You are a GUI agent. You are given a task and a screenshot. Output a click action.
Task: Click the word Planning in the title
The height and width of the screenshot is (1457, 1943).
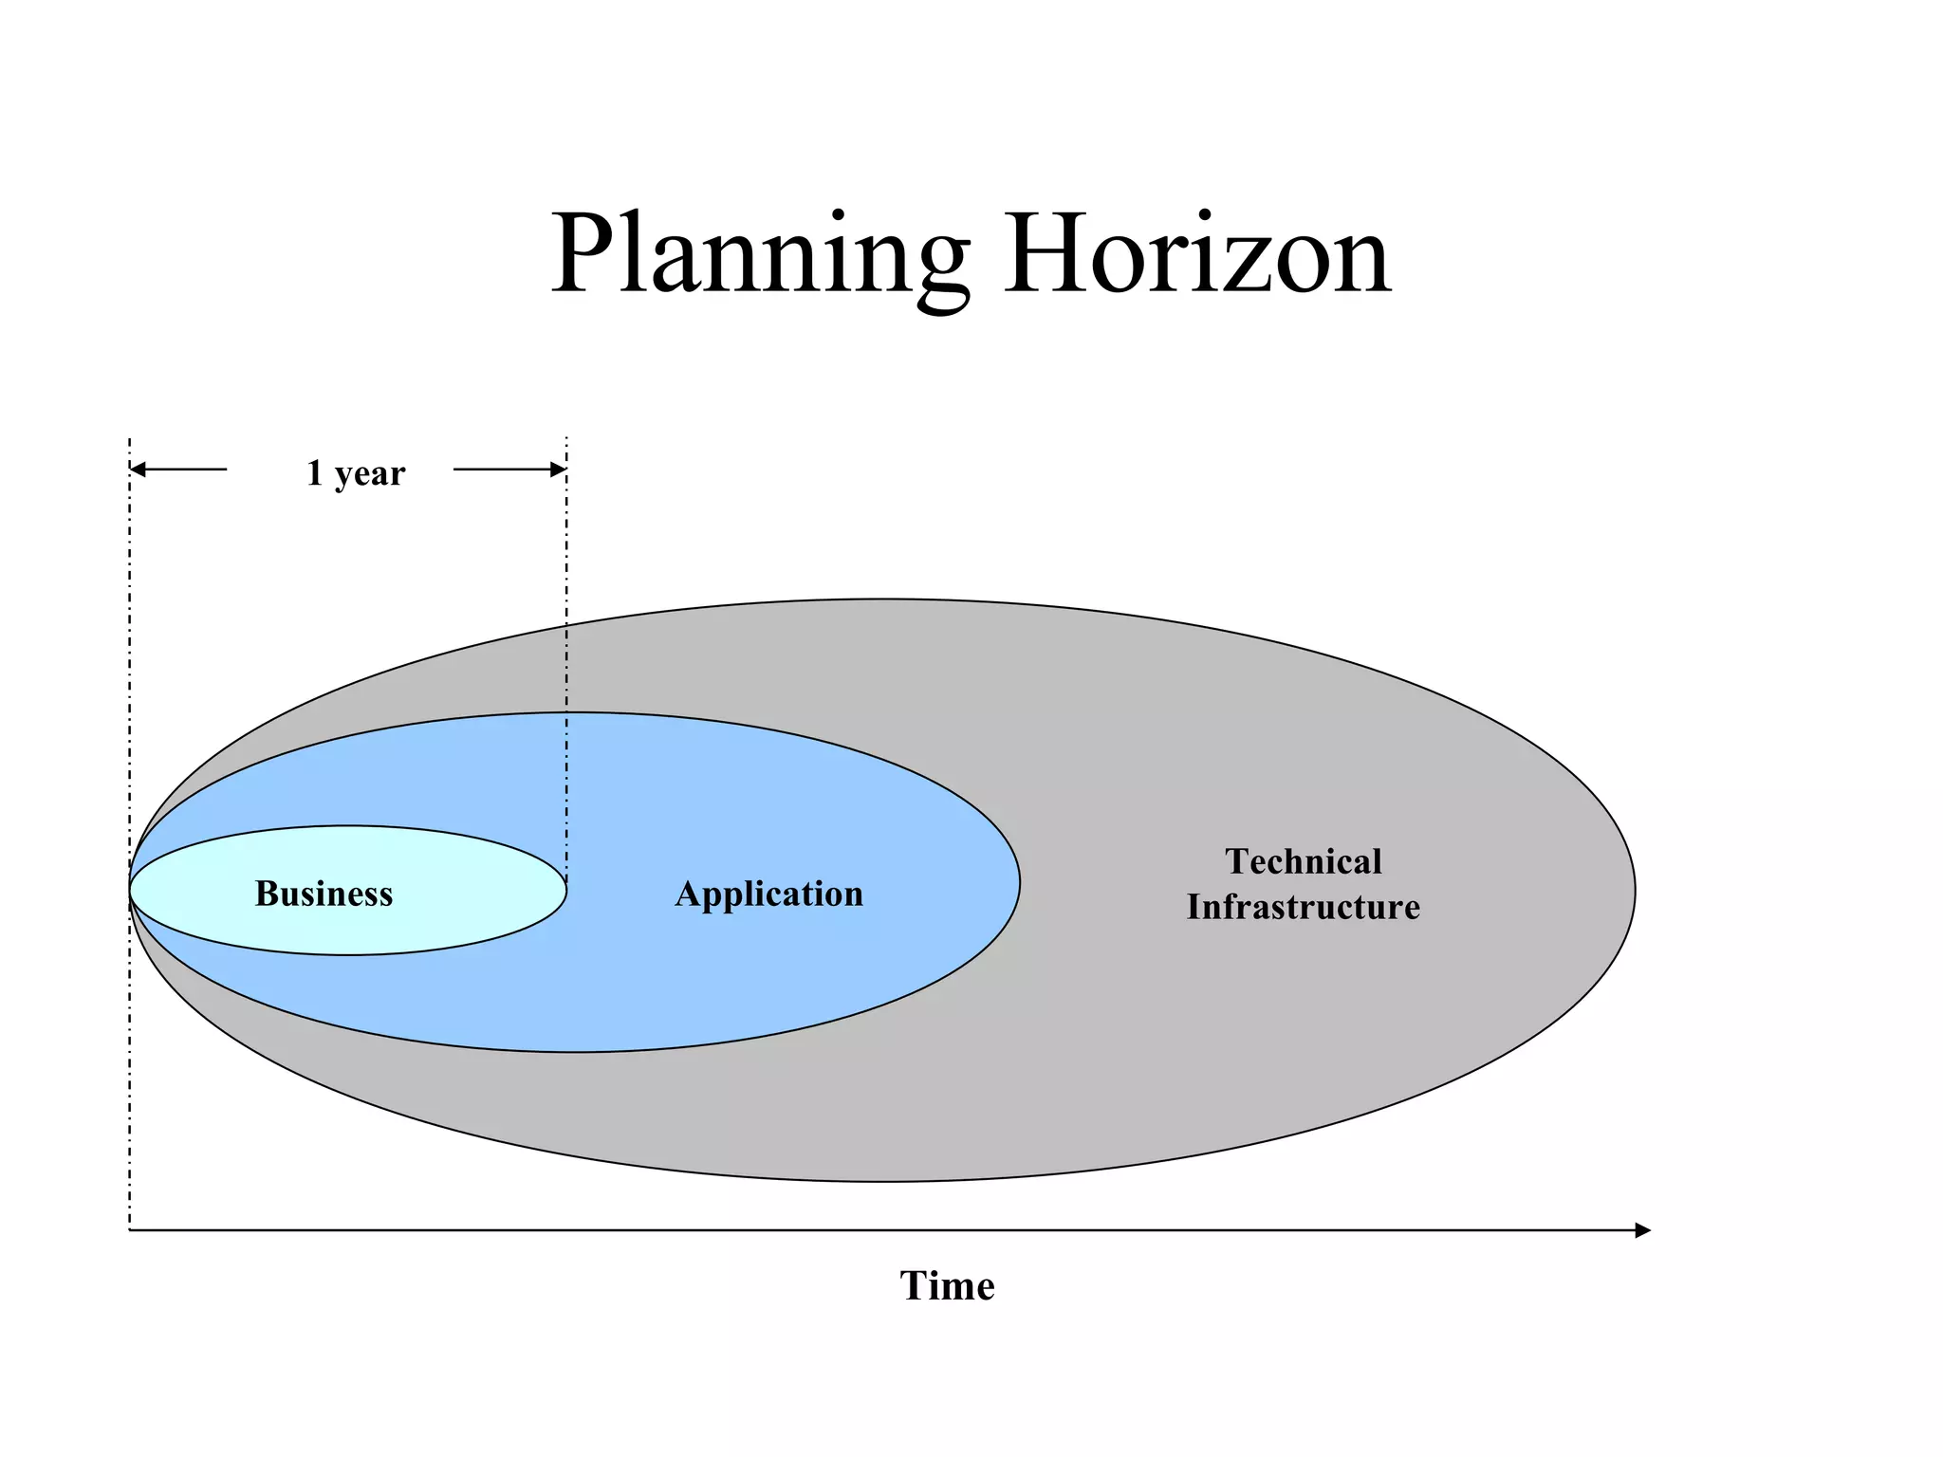coord(759,254)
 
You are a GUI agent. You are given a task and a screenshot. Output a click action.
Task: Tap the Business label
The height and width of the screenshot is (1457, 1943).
coord(324,894)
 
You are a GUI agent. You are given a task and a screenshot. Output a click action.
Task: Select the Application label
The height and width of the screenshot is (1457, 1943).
coord(768,894)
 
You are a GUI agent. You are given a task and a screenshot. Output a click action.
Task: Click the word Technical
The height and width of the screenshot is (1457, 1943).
coord(1304,861)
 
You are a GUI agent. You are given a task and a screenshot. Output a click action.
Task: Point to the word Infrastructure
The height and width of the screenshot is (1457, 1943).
coord(1304,907)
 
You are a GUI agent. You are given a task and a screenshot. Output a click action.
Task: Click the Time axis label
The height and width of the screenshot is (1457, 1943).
coord(947,1286)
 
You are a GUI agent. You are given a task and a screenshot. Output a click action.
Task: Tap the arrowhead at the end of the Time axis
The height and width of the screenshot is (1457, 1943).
coord(1643,1230)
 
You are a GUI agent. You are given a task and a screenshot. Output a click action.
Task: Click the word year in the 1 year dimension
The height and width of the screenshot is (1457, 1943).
coord(369,472)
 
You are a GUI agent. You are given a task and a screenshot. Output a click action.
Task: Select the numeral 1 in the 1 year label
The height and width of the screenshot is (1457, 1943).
coord(315,472)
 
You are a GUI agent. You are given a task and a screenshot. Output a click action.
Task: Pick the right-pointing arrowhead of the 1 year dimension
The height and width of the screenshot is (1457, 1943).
coord(559,470)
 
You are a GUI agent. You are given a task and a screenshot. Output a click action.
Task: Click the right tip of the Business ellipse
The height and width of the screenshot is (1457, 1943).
coord(566,890)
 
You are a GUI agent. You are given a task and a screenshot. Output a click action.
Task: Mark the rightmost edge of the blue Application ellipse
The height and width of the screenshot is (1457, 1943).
coord(1020,882)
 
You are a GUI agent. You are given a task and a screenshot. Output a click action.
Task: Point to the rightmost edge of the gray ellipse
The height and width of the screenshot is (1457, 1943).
coord(1635,890)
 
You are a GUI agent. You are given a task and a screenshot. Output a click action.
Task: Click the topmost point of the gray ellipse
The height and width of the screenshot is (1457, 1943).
coord(882,599)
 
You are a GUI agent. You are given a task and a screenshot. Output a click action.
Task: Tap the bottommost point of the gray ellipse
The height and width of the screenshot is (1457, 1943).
coord(882,1181)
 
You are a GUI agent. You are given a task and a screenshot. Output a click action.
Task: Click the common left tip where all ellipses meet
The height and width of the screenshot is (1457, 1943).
coord(131,890)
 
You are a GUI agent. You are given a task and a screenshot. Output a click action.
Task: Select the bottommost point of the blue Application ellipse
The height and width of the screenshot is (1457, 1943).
coord(574,1051)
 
